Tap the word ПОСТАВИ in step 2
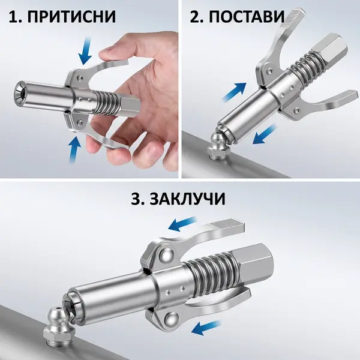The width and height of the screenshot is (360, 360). [x=247, y=17]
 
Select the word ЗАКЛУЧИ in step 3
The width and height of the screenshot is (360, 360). [x=187, y=199]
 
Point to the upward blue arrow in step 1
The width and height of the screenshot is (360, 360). [x=75, y=149]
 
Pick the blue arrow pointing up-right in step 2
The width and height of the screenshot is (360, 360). [x=234, y=92]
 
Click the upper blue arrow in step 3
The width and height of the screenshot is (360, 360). [x=182, y=223]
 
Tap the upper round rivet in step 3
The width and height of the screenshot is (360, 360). [x=166, y=256]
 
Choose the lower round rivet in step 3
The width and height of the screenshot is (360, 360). [x=172, y=320]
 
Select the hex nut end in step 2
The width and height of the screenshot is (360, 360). [x=330, y=51]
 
